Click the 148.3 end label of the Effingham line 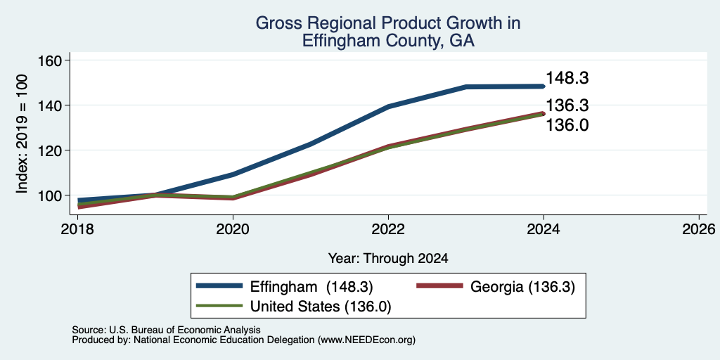click(567, 78)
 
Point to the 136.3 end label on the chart click(567, 105)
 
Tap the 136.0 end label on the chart click(567, 125)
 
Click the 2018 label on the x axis click(77, 229)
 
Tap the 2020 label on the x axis click(233, 229)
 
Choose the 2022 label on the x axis click(388, 229)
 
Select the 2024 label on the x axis click(544, 229)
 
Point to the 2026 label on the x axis click(699, 229)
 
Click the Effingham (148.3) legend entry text click(311, 287)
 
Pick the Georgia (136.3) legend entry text click(522, 287)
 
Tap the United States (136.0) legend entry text click(321, 307)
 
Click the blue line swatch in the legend click(219, 286)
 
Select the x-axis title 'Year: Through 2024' click(388, 259)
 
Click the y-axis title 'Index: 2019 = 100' click(22, 134)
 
